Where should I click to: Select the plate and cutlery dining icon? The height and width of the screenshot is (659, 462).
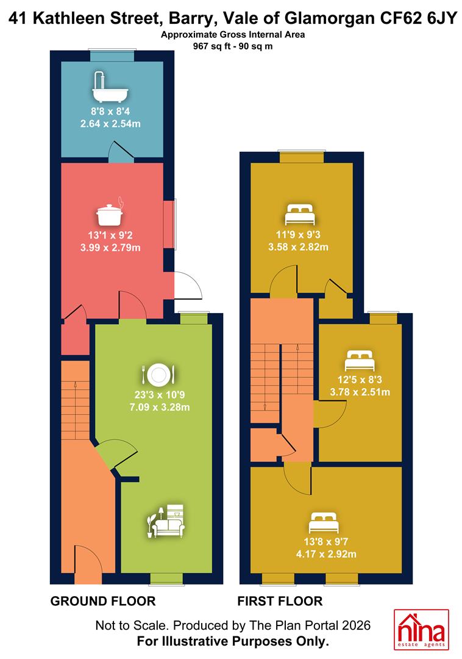coord(158,374)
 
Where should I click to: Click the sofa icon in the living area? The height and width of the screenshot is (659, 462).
coord(166,521)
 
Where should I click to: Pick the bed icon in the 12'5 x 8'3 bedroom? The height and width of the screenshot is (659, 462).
coord(360,360)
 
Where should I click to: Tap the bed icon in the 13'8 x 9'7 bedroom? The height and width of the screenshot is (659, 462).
coord(324,522)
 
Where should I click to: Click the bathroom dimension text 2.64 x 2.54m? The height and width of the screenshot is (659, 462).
coord(110,124)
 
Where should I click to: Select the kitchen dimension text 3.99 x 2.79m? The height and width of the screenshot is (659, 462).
coord(110,248)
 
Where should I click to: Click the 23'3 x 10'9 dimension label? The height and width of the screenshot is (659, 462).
coord(160,395)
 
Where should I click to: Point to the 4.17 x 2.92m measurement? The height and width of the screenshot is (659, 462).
coord(326,554)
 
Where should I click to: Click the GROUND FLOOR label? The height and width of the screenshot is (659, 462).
coord(103,601)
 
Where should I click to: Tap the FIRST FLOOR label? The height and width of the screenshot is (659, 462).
coord(280,601)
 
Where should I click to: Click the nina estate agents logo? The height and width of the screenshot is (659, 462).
coord(421,630)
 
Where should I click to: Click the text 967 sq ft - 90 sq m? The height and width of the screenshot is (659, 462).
coord(232,46)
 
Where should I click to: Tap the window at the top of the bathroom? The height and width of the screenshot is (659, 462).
coord(112,56)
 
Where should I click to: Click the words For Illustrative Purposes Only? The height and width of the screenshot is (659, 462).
coord(233,642)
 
